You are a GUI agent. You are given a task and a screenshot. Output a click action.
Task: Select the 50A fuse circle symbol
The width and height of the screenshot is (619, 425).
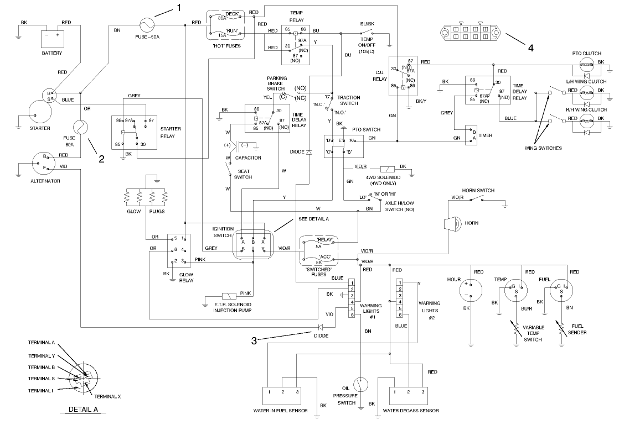[x=147, y=25]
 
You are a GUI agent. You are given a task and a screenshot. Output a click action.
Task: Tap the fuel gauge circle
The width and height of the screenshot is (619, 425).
[x=563, y=289]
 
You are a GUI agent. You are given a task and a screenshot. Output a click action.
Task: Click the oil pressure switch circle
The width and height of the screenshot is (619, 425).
[x=361, y=385]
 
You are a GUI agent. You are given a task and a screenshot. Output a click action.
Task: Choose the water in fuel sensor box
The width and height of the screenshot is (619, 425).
[x=282, y=397]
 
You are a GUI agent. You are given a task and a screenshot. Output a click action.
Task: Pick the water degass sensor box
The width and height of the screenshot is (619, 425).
[x=407, y=397]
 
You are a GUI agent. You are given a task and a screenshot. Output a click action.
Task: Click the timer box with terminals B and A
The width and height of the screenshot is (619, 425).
[x=471, y=135]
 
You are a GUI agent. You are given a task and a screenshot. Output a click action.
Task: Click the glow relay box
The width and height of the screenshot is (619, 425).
[x=178, y=251]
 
